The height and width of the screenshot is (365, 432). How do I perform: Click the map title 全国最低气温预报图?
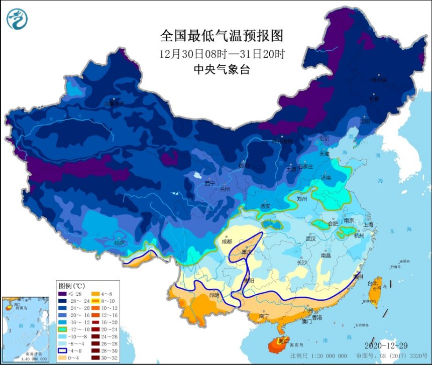tap(222, 36)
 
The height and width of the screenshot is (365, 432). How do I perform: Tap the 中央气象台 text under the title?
tap(222, 70)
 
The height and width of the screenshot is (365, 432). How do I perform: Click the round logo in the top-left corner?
tap(17, 19)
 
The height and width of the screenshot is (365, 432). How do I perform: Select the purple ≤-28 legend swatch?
tap(62, 294)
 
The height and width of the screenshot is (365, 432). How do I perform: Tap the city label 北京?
tap(324, 138)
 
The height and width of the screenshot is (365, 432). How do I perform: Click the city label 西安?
tap(252, 206)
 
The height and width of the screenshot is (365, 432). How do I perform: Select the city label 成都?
tap(227, 241)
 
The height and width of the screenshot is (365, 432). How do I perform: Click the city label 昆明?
tap(213, 295)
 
